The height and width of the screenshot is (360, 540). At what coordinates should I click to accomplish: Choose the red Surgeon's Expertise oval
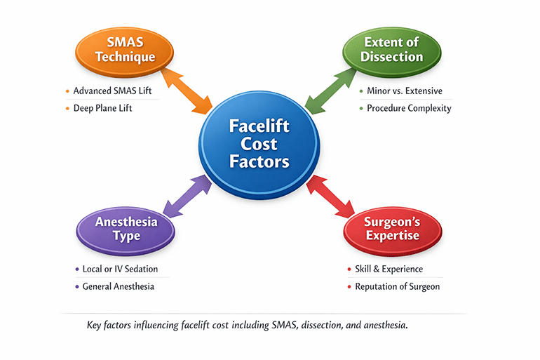[x=392, y=229]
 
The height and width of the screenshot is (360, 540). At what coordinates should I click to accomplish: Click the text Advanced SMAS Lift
[x=112, y=91]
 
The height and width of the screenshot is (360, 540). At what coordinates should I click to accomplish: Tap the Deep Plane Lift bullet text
[x=103, y=109]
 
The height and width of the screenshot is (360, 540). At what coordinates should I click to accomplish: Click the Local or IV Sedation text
[x=120, y=269]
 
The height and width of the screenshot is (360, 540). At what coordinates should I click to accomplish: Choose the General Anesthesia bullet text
[x=118, y=287]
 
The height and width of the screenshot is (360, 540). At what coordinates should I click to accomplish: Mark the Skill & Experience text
[x=389, y=269]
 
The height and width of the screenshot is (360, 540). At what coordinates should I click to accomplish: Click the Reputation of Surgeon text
[x=397, y=287]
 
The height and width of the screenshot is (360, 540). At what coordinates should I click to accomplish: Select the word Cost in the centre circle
[x=259, y=145]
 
